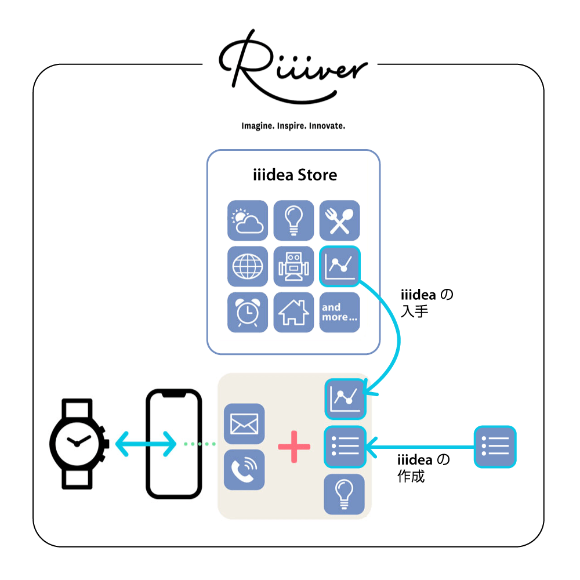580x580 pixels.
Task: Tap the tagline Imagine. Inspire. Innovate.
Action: [293, 126]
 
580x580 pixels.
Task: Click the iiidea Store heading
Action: [295, 175]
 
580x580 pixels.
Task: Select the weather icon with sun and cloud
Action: [248, 220]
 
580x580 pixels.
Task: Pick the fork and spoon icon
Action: [339, 220]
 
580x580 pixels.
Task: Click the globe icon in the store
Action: [248, 266]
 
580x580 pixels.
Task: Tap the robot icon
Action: [293, 266]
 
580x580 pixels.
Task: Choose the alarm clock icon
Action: [248, 312]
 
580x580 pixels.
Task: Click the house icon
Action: [293, 312]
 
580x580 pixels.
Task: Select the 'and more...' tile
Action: [339, 312]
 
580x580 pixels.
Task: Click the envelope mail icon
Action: [244, 423]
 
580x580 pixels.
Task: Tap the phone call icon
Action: [244, 470]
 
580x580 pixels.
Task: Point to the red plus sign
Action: [294, 447]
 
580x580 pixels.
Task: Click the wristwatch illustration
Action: [78, 444]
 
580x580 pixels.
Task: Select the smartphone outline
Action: [174, 444]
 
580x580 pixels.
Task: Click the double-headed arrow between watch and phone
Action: [146, 444]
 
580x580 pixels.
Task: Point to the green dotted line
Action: [200, 444]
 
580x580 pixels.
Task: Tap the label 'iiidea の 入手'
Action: [427, 303]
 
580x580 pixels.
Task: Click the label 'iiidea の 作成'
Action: [423, 468]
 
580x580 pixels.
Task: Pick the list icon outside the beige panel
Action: [495, 447]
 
